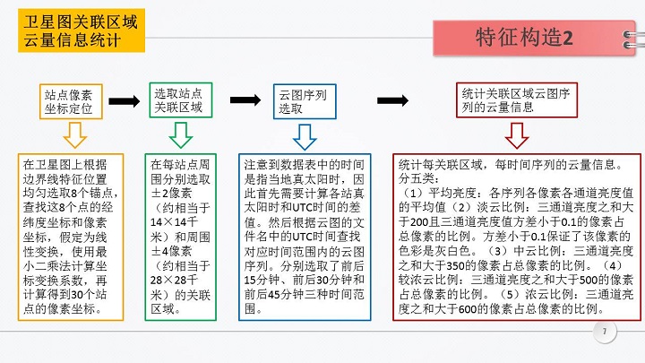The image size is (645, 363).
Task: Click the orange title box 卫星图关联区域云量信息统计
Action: [82, 33]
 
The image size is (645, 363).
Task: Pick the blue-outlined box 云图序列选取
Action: [304, 101]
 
